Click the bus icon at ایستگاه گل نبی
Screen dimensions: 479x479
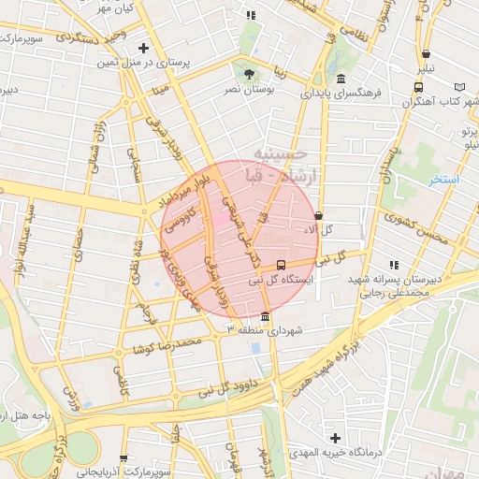283,265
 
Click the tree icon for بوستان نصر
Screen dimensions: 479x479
248,73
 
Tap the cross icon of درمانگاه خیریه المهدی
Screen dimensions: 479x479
335,438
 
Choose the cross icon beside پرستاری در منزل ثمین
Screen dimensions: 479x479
142,47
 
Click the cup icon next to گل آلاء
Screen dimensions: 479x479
319,214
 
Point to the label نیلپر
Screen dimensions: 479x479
426,68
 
